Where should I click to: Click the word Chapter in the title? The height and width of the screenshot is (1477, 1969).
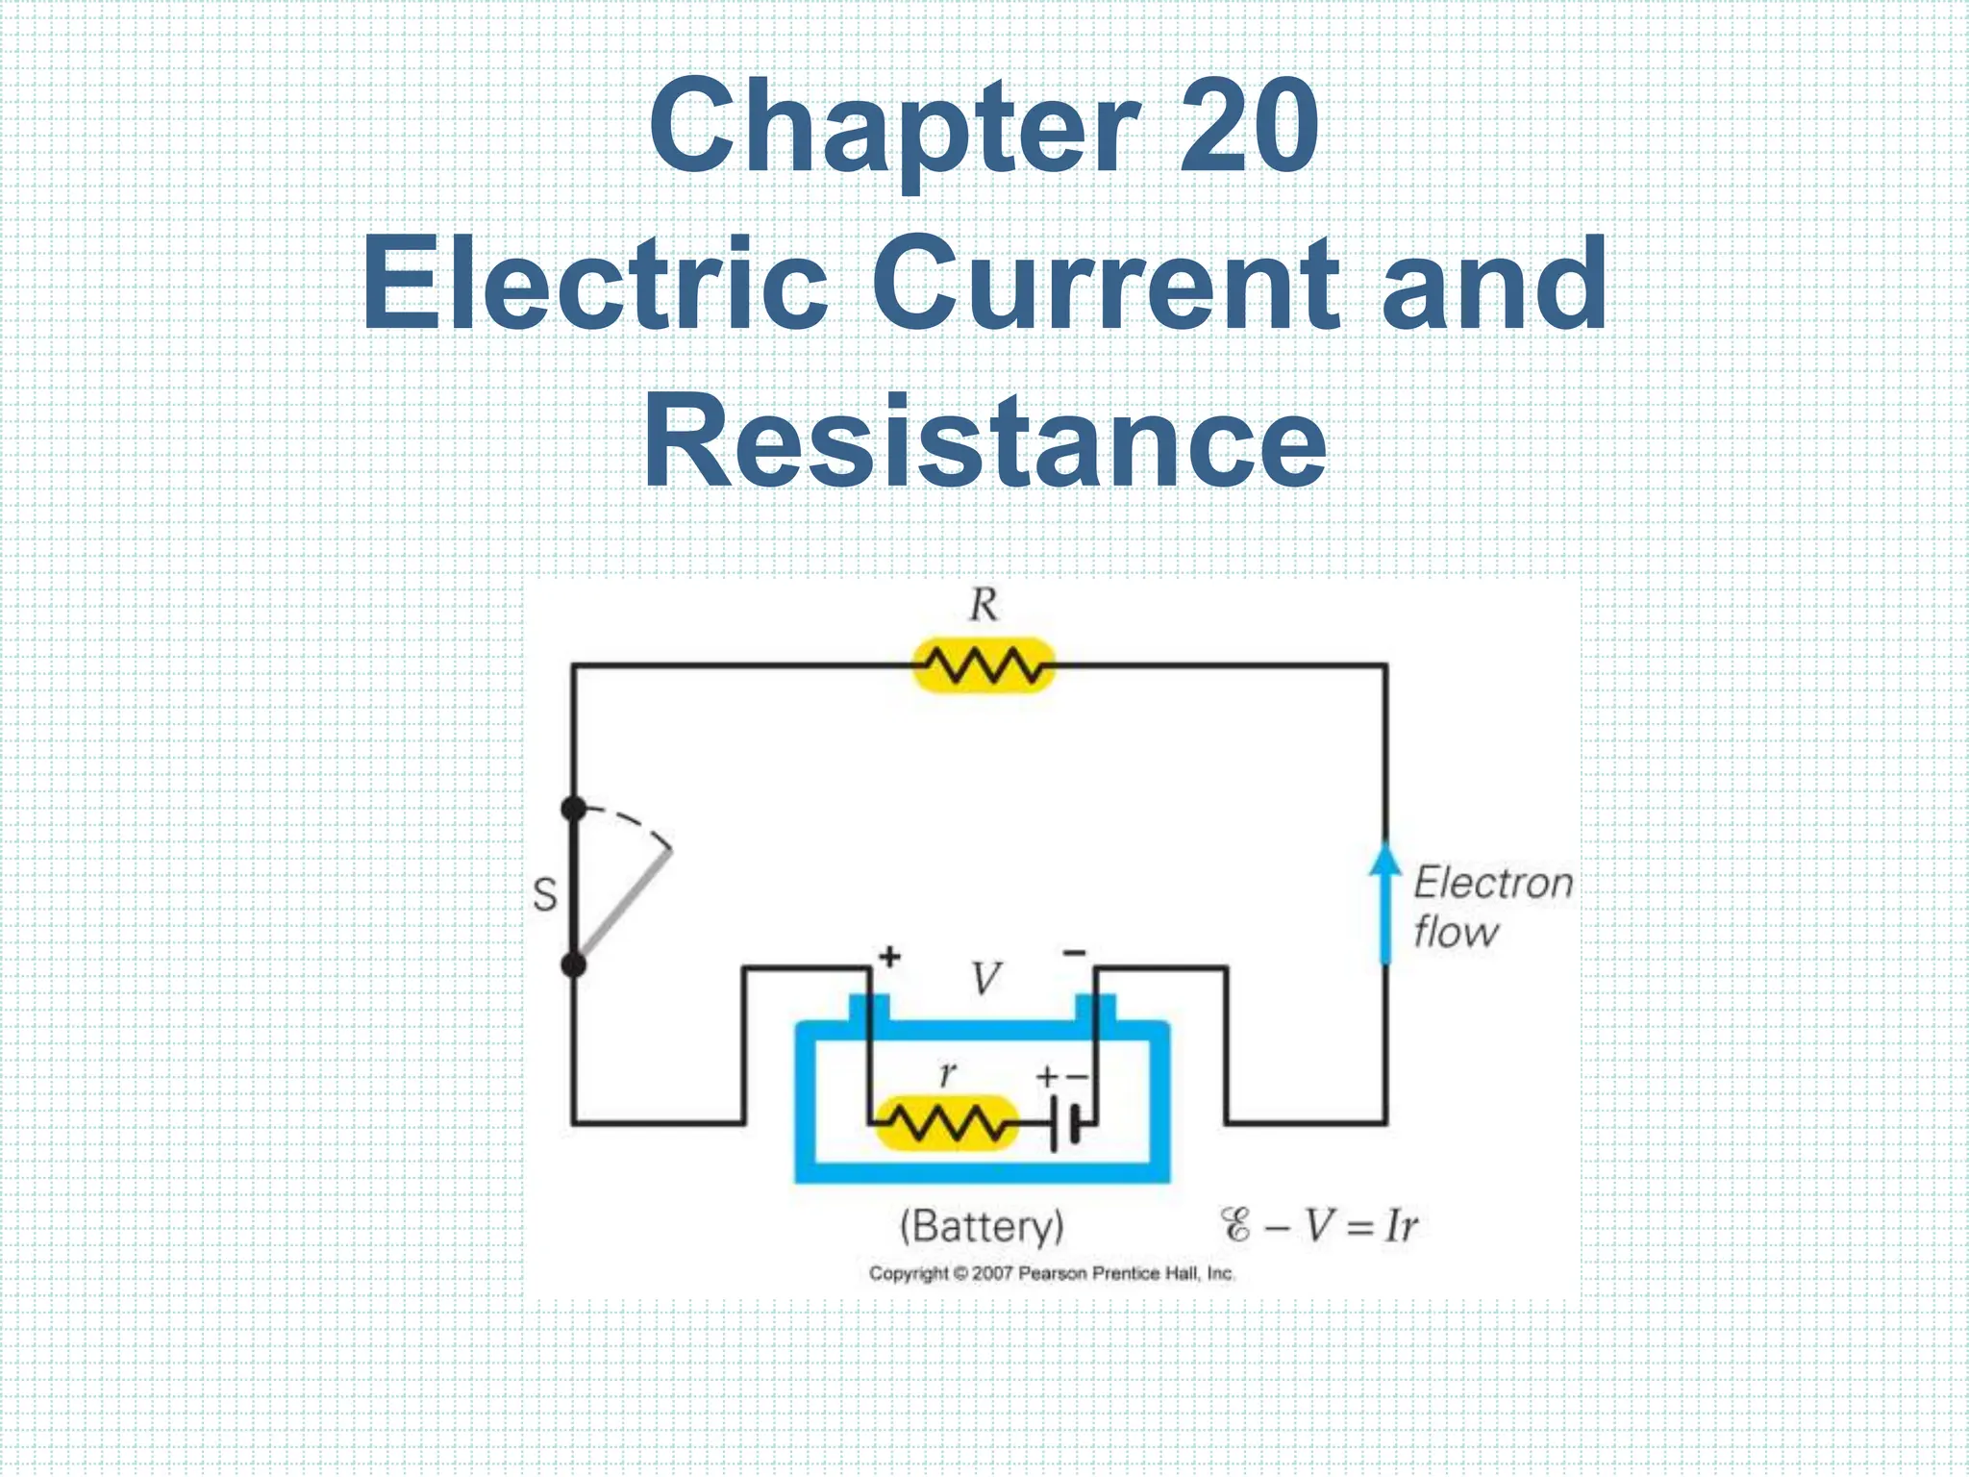(x=894, y=130)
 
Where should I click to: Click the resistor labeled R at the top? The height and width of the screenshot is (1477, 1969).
(x=983, y=664)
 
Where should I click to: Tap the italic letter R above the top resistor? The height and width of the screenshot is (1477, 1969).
(x=983, y=606)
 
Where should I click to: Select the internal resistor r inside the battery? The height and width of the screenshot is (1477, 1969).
(x=947, y=1122)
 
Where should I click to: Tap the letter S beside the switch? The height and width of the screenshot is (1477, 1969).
(x=544, y=895)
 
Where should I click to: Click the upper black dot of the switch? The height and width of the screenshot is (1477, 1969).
(x=574, y=810)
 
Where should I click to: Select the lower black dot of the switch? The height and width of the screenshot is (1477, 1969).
(x=574, y=964)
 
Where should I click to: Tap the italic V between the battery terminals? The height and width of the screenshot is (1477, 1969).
(x=984, y=979)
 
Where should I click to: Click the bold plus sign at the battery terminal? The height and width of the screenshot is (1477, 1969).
(x=890, y=957)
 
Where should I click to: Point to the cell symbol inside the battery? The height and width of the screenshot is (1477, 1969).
(x=1065, y=1122)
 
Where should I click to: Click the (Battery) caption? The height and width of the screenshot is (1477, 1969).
(x=982, y=1226)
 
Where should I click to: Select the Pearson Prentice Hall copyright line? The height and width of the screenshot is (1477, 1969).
(x=1052, y=1273)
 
